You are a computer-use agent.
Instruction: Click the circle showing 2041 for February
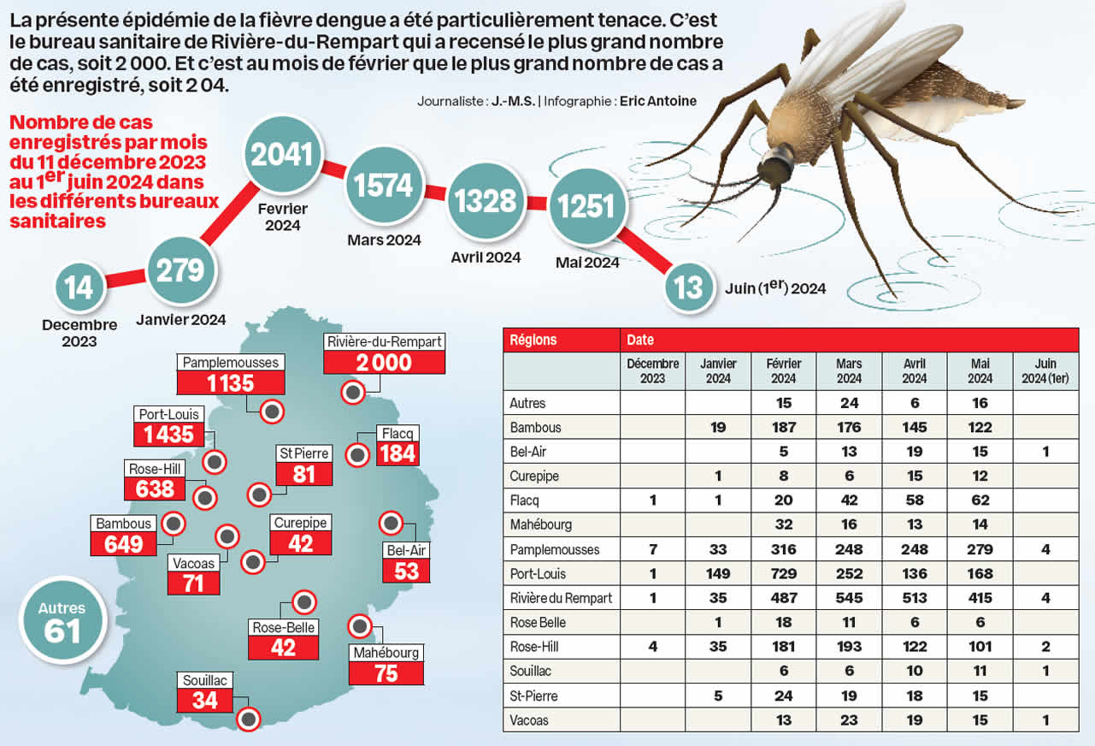point(282,155)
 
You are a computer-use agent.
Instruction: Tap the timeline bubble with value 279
point(180,270)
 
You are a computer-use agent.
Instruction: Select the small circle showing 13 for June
point(688,287)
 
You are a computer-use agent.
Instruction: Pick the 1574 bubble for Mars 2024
point(384,186)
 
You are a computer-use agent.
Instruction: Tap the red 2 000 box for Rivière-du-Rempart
point(384,362)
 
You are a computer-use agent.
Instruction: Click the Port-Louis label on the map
point(168,414)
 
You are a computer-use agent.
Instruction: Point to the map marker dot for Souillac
point(249,719)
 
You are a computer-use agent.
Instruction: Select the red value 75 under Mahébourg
point(386,673)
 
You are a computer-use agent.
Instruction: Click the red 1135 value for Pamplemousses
point(231,382)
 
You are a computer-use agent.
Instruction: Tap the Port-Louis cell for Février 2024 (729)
point(783,574)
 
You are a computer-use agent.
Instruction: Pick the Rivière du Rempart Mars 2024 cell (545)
point(849,598)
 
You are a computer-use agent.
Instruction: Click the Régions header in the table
point(533,340)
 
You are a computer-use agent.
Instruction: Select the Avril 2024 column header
point(914,371)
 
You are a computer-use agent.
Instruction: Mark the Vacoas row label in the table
point(529,720)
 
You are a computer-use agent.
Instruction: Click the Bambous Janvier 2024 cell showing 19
point(718,427)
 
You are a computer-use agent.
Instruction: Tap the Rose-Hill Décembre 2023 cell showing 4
point(653,647)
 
